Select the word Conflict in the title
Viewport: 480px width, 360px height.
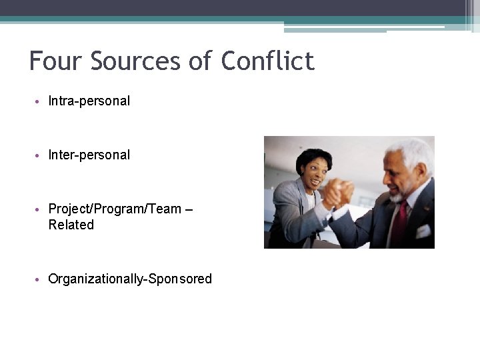pyautogui.click(x=267, y=61)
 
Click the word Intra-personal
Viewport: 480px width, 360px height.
pyautogui.click(x=89, y=101)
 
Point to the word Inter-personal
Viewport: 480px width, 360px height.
pyautogui.click(x=89, y=155)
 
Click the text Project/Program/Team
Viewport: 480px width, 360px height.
pyautogui.click(x=115, y=209)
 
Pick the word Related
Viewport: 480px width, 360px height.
pyautogui.click(x=71, y=225)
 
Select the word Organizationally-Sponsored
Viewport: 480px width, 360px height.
pyautogui.click(x=130, y=279)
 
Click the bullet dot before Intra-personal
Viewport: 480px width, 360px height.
pyautogui.click(x=39, y=102)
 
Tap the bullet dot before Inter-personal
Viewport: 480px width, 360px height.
pyautogui.click(x=39, y=155)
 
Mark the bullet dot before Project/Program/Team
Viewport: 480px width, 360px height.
pyautogui.click(x=39, y=209)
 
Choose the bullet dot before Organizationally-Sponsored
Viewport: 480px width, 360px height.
pyautogui.click(x=39, y=279)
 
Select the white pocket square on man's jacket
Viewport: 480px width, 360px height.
pyautogui.click(x=423, y=231)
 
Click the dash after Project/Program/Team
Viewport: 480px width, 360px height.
pyautogui.click(x=188, y=209)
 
